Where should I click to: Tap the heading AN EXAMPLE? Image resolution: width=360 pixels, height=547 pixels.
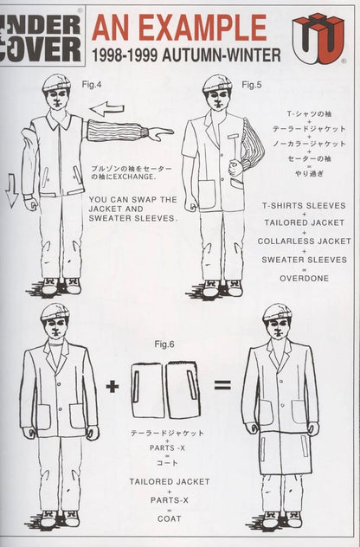pos(179,28)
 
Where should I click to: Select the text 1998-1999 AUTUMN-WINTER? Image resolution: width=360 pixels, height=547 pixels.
pos(185,55)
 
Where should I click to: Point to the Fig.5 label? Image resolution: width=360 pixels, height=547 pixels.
pos(252,84)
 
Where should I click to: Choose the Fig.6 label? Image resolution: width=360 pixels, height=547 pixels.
pos(164,344)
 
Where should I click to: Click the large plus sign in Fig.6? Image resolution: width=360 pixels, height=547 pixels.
pos(112,385)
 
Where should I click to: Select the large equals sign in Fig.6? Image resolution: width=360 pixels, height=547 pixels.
pos(222,384)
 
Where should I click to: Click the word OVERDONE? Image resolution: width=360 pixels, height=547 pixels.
pos(303,278)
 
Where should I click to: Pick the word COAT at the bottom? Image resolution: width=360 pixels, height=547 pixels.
pos(163,520)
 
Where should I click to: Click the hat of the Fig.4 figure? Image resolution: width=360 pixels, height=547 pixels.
pos(56,82)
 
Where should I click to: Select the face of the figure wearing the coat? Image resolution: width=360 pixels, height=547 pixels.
pos(278,328)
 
